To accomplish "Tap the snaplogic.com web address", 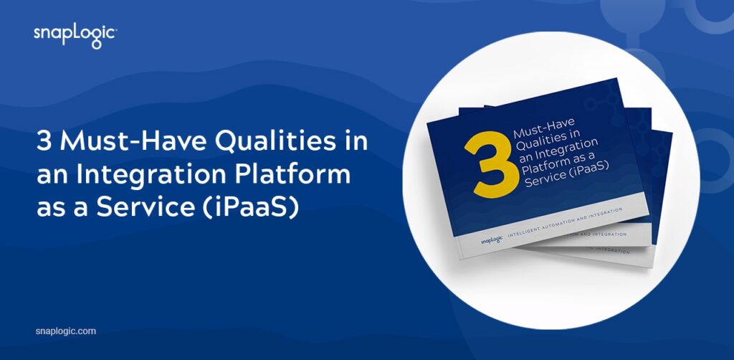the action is (x=65, y=331).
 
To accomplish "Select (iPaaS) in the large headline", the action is (x=251, y=208).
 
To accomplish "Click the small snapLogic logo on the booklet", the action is (x=491, y=240).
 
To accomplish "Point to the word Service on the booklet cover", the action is (x=543, y=180).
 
